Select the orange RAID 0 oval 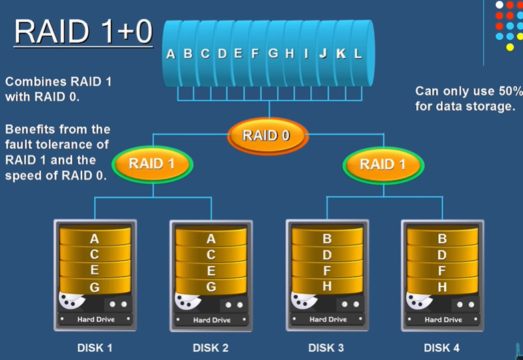pyautogui.click(x=266, y=136)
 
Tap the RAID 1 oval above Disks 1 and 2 pyautogui.click(x=152, y=164)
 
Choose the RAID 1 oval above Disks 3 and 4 pyautogui.click(x=382, y=164)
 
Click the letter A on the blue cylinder pyautogui.click(x=170, y=54)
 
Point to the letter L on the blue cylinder pyautogui.click(x=357, y=54)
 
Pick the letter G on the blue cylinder pyautogui.click(x=273, y=54)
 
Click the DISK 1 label pyautogui.click(x=95, y=347)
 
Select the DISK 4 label pyautogui.click(x=442, y=347)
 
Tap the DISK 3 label pyautogui.click(x=326, y=347)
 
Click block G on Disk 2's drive pyautogui.click(x=211, y=287)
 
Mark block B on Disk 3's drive pyautogui.click(x=327, y=238)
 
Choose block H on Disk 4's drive pyautogui.click(x=442, y=287)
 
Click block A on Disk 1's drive pyautogui.click(x=94, y=238)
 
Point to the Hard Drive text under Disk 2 pyautogui.click(x=212, y=320)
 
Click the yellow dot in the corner pyautogui.click(x=510, y=47)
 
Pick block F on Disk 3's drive pyautogui.click(x=327, y=271)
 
